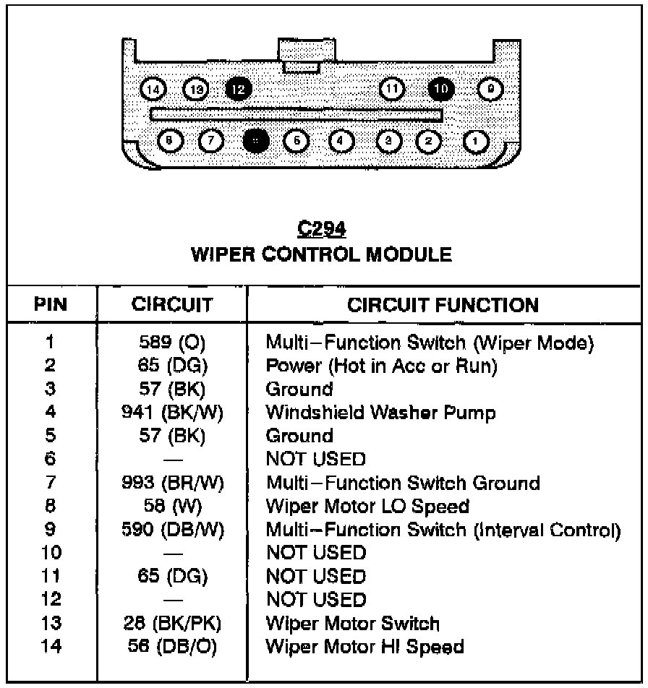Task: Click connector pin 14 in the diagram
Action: (153, 89)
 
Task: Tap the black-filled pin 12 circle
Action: (239, 89)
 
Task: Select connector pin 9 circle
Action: (491, 89)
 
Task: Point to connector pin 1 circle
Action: (476, 140)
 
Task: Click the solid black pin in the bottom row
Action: (255, 140)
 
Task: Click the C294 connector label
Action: (322, 230)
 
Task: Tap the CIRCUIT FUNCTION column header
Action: (443, 305)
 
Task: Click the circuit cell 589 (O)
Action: (172, 343)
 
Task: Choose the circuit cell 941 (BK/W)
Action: (172, 413)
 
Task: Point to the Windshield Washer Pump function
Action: (381, 413)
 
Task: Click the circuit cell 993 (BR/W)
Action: (172, 483)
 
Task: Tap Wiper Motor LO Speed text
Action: (367, 506)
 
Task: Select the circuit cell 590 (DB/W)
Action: (172, 530)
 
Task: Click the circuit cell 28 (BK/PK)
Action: (172, 623)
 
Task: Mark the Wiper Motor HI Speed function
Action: (364, 646)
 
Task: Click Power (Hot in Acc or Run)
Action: (382, 366)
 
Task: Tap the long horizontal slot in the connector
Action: (297, 114)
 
